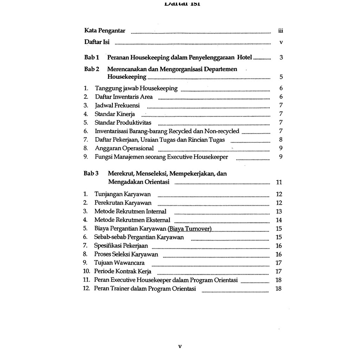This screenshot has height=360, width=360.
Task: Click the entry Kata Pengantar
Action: (x=105, y=31)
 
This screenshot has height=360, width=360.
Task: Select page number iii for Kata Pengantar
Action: (x=280, y=31)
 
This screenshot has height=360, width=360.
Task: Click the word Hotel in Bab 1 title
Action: (x=245, y=57)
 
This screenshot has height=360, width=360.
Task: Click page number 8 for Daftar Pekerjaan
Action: (x=281, y=140)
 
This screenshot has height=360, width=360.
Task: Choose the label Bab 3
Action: (x=91, y=173)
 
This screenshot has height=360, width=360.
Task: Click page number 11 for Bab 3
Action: (x=279, y=182)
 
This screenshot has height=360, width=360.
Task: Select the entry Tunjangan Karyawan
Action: (x=122, y=194)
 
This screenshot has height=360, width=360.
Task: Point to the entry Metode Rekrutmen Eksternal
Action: (x=132, y=220)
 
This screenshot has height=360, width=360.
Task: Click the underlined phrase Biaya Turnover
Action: (x=190, y=229)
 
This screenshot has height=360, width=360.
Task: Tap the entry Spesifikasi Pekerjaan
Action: (x=121, y=246)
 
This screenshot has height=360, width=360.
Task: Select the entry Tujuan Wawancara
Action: (x=119, y=263)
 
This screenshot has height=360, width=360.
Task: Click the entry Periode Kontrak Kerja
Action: (x=123, y=271)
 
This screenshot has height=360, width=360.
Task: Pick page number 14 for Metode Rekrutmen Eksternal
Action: (x=279, y=220)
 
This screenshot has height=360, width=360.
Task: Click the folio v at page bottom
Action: (x=180, y=346)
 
